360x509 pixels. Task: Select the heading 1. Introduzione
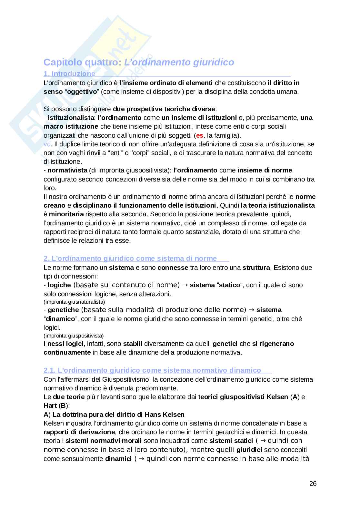click(x=69, y=74)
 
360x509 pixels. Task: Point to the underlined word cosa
click(x=246, y=144)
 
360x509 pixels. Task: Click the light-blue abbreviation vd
click(x=46, y=144)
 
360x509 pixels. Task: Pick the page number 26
click(x=313, y=484)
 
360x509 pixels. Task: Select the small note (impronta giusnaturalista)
click(x=74, y=302)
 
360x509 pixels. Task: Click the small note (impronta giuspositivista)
click(x=74, y=336)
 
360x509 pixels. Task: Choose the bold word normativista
click(x=67, y=170)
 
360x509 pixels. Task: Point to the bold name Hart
click(x=50, y=406)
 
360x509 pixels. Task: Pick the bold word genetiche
click(x=63, y=310)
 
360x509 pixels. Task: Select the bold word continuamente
click(x=67, y=352)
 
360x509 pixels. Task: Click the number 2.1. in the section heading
click(x=50, y=370)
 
